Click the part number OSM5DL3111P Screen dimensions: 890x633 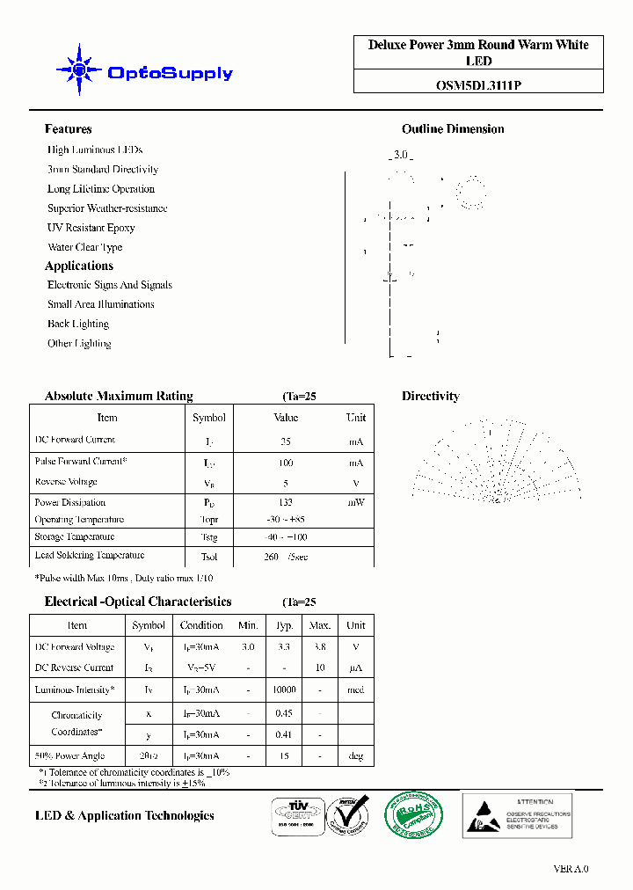[478, 86]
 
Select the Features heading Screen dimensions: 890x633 [69, 129]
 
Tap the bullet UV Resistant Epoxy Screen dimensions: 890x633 [91, 228]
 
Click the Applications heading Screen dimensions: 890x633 [79, 266]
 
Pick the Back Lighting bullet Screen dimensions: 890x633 [78, 324]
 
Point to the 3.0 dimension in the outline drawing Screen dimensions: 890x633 [401, 155]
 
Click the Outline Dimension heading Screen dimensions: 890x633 [453, 129]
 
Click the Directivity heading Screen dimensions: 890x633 [431, 397]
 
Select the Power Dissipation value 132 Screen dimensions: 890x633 [286, 502]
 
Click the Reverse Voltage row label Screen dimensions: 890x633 [66, 482]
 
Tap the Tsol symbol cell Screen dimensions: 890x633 [208, 557]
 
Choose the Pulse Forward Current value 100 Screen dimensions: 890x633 [286, 463]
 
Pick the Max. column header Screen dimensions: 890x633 [320, 625]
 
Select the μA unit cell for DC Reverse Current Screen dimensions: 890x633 [356, 668]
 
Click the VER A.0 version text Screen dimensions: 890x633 [571, 869]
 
